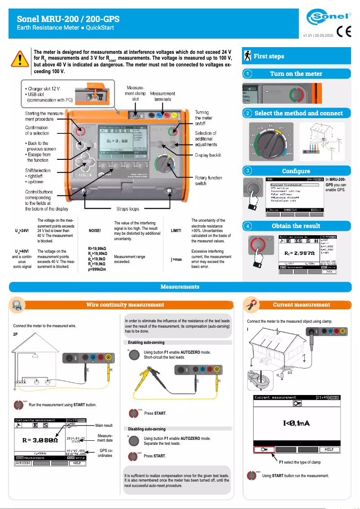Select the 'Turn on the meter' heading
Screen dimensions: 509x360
(296, 74)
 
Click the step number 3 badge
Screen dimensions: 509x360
(247, 171)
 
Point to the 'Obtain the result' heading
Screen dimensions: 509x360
(296, 226)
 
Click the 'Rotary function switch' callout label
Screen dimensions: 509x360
(208, 180)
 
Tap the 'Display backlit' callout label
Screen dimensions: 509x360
(208, 155)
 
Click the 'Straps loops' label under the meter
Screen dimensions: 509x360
(125, 209)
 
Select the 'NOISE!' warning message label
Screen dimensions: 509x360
(95, 230)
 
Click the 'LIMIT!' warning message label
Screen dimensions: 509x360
(176, 230)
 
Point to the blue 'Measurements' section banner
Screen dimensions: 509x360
(180, 286)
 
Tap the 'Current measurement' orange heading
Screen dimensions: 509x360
(301, 305)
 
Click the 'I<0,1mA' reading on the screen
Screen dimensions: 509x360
(296, 423)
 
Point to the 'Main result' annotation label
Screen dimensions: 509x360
(104, 425)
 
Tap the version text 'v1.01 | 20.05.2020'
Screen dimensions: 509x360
(318, 35)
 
